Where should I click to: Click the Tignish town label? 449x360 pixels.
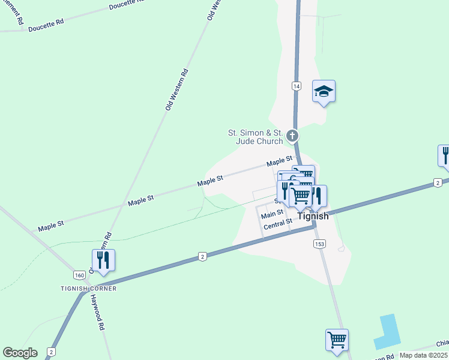point(313,217)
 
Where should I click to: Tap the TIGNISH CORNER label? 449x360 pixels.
point(88,289)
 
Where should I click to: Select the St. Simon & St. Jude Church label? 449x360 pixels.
point(255,137)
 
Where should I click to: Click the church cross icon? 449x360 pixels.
point(292,136)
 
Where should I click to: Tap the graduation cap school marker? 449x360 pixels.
point(324,92)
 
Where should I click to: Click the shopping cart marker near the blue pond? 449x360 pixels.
point(337,340)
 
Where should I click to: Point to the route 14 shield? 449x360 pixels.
point(297,86)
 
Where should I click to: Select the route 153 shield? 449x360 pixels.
point(319,244)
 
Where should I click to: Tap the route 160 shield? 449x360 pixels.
point(79,275)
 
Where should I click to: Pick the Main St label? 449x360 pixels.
point(272,214)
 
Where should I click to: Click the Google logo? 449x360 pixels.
point(20,353)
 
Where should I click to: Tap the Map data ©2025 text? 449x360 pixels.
point(423,355)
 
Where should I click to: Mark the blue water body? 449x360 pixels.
point(387,331)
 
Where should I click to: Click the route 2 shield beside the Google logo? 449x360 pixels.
point(52,352)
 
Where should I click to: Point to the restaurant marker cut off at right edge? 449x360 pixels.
point(445,155)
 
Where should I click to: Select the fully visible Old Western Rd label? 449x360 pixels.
point(176,89)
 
